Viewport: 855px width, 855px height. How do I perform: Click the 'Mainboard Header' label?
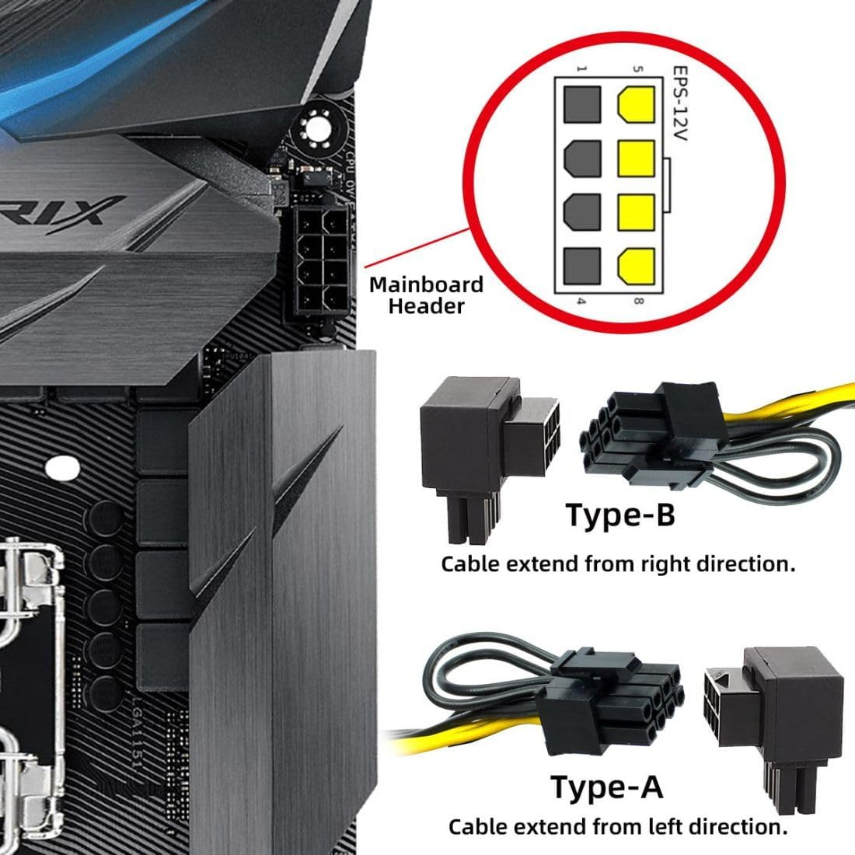point(426,295)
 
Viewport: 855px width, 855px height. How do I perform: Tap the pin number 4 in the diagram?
point(581,300)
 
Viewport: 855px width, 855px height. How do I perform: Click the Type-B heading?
point(620,515)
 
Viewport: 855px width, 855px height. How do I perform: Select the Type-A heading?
point(607,787)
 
